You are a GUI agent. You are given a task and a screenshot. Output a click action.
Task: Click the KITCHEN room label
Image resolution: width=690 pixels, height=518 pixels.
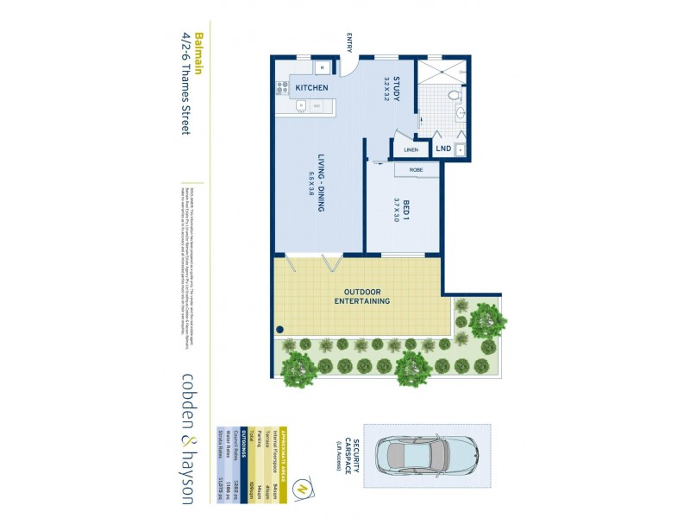[310, 89]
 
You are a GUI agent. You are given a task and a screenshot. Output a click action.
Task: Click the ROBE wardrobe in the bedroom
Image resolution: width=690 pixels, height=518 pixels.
[417, 169]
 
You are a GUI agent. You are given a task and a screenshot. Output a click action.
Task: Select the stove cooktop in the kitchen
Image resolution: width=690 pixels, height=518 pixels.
[281, 86]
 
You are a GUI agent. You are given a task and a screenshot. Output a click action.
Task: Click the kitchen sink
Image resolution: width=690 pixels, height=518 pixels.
[302, 106]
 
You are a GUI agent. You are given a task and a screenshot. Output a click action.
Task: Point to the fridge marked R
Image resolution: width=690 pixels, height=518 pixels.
[320, 67]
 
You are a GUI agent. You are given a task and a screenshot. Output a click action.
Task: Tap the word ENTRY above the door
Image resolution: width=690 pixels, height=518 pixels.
[350, 43]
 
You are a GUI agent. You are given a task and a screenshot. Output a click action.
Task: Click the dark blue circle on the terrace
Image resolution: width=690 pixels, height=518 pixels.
[280, 330]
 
